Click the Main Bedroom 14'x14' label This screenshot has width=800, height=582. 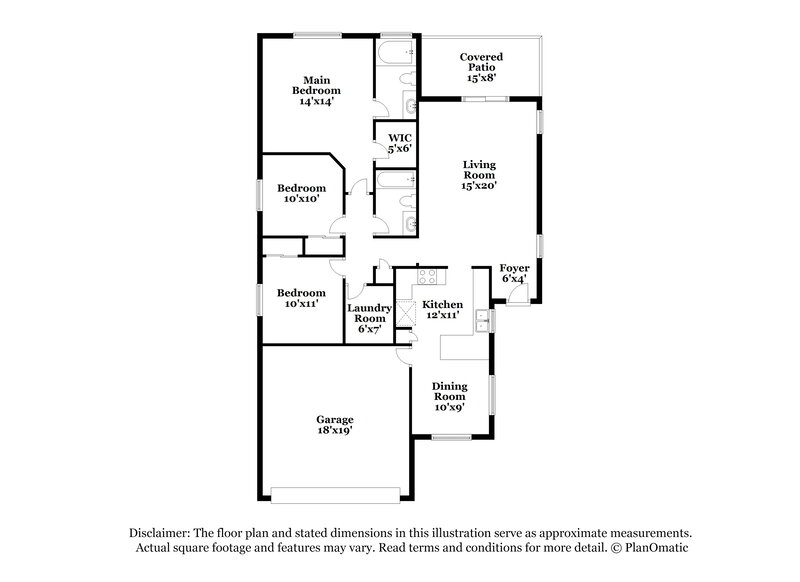pyautogui.click(x=313, y=90)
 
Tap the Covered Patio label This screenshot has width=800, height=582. pyautogui.click(x=479, y=67)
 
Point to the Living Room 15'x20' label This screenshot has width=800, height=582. pyautogui.click(x=479, y=174)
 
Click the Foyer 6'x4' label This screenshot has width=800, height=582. pyautogui.click(x=514, y=273)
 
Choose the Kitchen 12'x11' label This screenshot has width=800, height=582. pyautogui.click(x=441, y=309)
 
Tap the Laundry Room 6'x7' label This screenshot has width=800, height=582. pyautogui.click(x=369, y=318)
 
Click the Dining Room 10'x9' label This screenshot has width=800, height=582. pyautogui.click(x=449, y=396)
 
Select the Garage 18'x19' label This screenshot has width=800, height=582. pyautogui.click(x=335, y=424)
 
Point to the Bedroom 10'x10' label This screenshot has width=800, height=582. pyautogui.click(x=301, y=193)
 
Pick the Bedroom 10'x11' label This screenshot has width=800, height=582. pyautogui.click(x=301, y=298)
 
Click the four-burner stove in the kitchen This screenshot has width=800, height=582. pyautogui.click(x=427, y=275)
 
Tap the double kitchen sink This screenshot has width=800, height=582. pyautogui.click(x=482, y=320)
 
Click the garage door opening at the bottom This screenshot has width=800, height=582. pyautogui.click(x=336, y=492)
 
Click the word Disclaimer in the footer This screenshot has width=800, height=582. pyautogui.click(x=161, y=533)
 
